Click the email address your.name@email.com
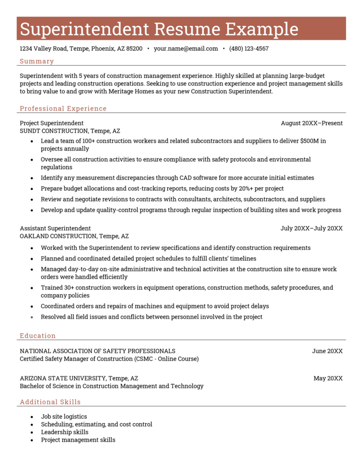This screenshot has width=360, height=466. (186, 49)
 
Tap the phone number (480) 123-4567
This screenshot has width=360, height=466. (248, 49)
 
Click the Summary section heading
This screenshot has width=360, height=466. (37, 61)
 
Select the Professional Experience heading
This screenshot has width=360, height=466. (63, 109)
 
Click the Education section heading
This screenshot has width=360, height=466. (37, 336)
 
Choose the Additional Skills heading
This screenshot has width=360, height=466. (50, 402)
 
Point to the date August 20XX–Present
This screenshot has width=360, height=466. (311, 123)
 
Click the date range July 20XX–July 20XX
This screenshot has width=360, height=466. (311, 228)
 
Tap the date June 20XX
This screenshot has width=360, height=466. (327, 351)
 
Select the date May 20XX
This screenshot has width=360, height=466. (328, 378)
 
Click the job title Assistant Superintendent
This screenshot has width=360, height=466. (55, 228)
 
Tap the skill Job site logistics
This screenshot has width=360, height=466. (64, 416)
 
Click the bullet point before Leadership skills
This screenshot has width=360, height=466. (31, 432)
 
